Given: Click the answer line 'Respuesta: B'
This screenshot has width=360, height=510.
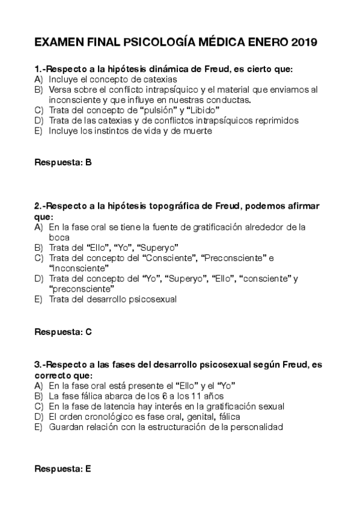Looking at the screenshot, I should [63, 162].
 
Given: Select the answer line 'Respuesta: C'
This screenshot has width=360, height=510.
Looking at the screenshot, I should [63, 331].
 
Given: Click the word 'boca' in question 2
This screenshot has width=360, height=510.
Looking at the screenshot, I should [59, 237].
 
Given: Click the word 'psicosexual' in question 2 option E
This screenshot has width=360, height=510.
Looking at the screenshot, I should [152, 299].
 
